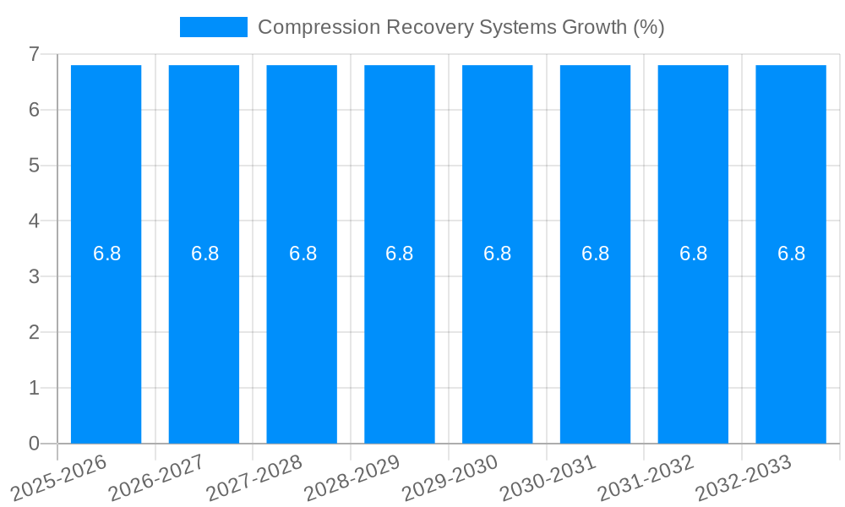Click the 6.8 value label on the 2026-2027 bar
[x=204, y=253]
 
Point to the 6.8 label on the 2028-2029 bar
[x=399, y=253]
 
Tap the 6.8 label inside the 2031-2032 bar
[x=693, y=253]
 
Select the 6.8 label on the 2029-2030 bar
[x=497, y=253]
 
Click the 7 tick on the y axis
[x=34, y=54]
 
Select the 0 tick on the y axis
[x=34, y=444]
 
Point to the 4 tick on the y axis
[x=34, y=221]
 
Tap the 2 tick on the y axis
[x=34, y=332]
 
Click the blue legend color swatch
[x=213, y=27]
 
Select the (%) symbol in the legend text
[x=648, y=27]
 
